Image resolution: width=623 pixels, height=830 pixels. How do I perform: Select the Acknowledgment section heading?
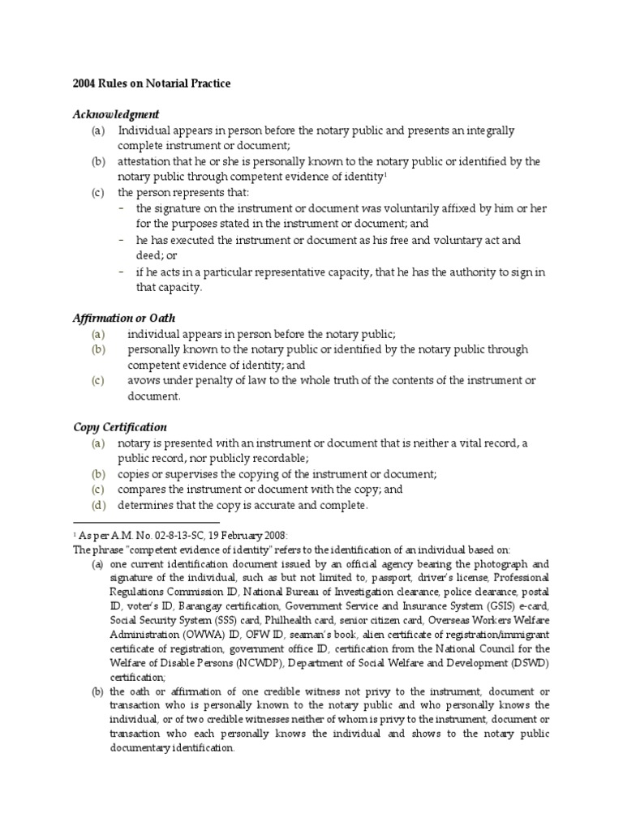[x=116, y=114]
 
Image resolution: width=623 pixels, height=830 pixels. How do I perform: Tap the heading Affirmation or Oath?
[x=124, y=318]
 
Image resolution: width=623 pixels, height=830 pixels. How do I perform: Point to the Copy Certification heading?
[x=120, y=426]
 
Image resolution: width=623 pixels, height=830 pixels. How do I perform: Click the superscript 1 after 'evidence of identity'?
[x=385, y=173]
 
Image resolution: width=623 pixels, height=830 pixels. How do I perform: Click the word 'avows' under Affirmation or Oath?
[x=142, y=380]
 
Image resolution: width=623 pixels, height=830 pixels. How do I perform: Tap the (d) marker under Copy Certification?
[x=98, y=506]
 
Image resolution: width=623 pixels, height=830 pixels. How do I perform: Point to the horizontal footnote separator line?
[x=147, y=522]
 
